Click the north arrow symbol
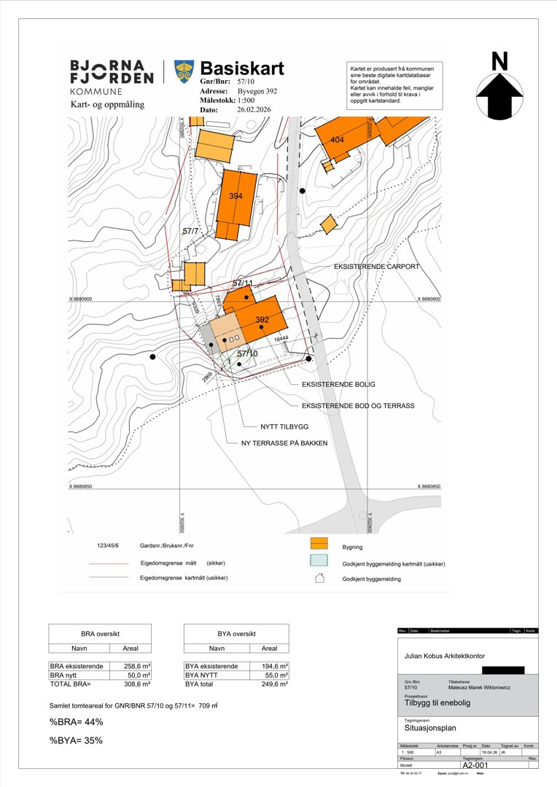(x=499, y=92)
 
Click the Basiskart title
(x=242, y=68)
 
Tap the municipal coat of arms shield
(x=183, y=71)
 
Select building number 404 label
(x=337, y=140)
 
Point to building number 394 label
(x=235, y=196)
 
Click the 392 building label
(x=262, y=320)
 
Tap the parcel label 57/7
(x=191, y=231)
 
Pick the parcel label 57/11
(x=243, y=282)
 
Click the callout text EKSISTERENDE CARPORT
(x=376, y=267)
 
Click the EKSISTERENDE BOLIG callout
(x=338, y=383)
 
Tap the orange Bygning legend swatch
(x=318, y=544)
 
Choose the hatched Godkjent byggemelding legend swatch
(x=318, y=562)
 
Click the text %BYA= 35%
(x=76, y=740)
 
